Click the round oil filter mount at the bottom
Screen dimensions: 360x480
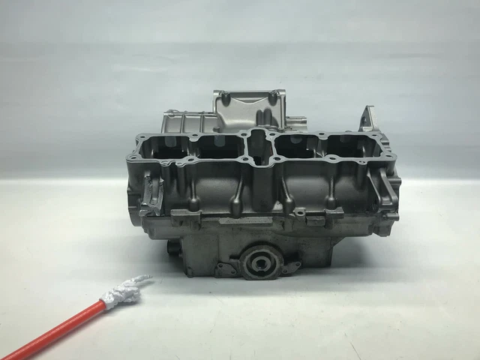point(262,262)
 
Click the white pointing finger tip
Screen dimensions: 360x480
point(145,280)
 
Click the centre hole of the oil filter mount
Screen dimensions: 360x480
point(262,262)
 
